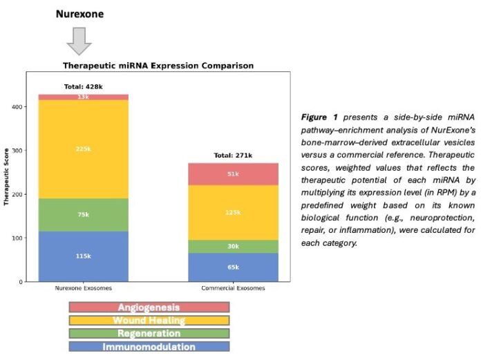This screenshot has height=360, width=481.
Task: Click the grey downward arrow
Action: click(80, 41)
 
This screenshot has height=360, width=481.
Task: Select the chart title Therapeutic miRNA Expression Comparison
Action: click(158, 66)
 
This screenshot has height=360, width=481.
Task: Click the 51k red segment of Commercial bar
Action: click(234, 174)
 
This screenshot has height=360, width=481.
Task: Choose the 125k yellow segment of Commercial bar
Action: click(234, 212)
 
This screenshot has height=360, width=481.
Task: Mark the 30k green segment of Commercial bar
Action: click(234, 245)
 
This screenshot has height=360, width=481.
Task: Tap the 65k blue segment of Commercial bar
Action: click(234, 267)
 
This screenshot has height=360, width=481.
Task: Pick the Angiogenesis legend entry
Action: click(149, 307)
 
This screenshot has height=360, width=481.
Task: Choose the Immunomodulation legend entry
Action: click(149, 347)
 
